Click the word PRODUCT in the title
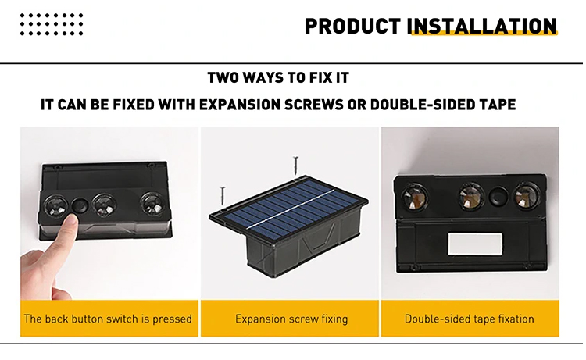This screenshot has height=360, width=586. (x=352, y=26)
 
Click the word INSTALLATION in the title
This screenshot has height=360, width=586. (x=482, y=26)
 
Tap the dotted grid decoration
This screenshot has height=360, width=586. (x=52, y=24)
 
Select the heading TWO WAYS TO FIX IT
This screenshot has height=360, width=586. (x=278, y=77)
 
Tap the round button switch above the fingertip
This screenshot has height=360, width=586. (x=80, y=205)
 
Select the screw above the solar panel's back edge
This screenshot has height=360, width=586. (x=295, y=166)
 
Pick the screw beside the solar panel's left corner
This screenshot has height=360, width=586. (x=223, y=196)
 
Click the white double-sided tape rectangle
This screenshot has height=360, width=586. (x=474, y=244)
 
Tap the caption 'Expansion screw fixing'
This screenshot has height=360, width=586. (x=291, y=319)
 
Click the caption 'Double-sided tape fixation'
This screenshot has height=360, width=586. (x=470, y=319)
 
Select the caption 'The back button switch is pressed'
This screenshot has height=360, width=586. (x=108, y=319)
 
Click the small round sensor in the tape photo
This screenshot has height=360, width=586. (x=498, y=197)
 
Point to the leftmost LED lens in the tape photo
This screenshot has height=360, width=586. (x=414, y=197)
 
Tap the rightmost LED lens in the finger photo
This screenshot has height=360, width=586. (x=152, y=203)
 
